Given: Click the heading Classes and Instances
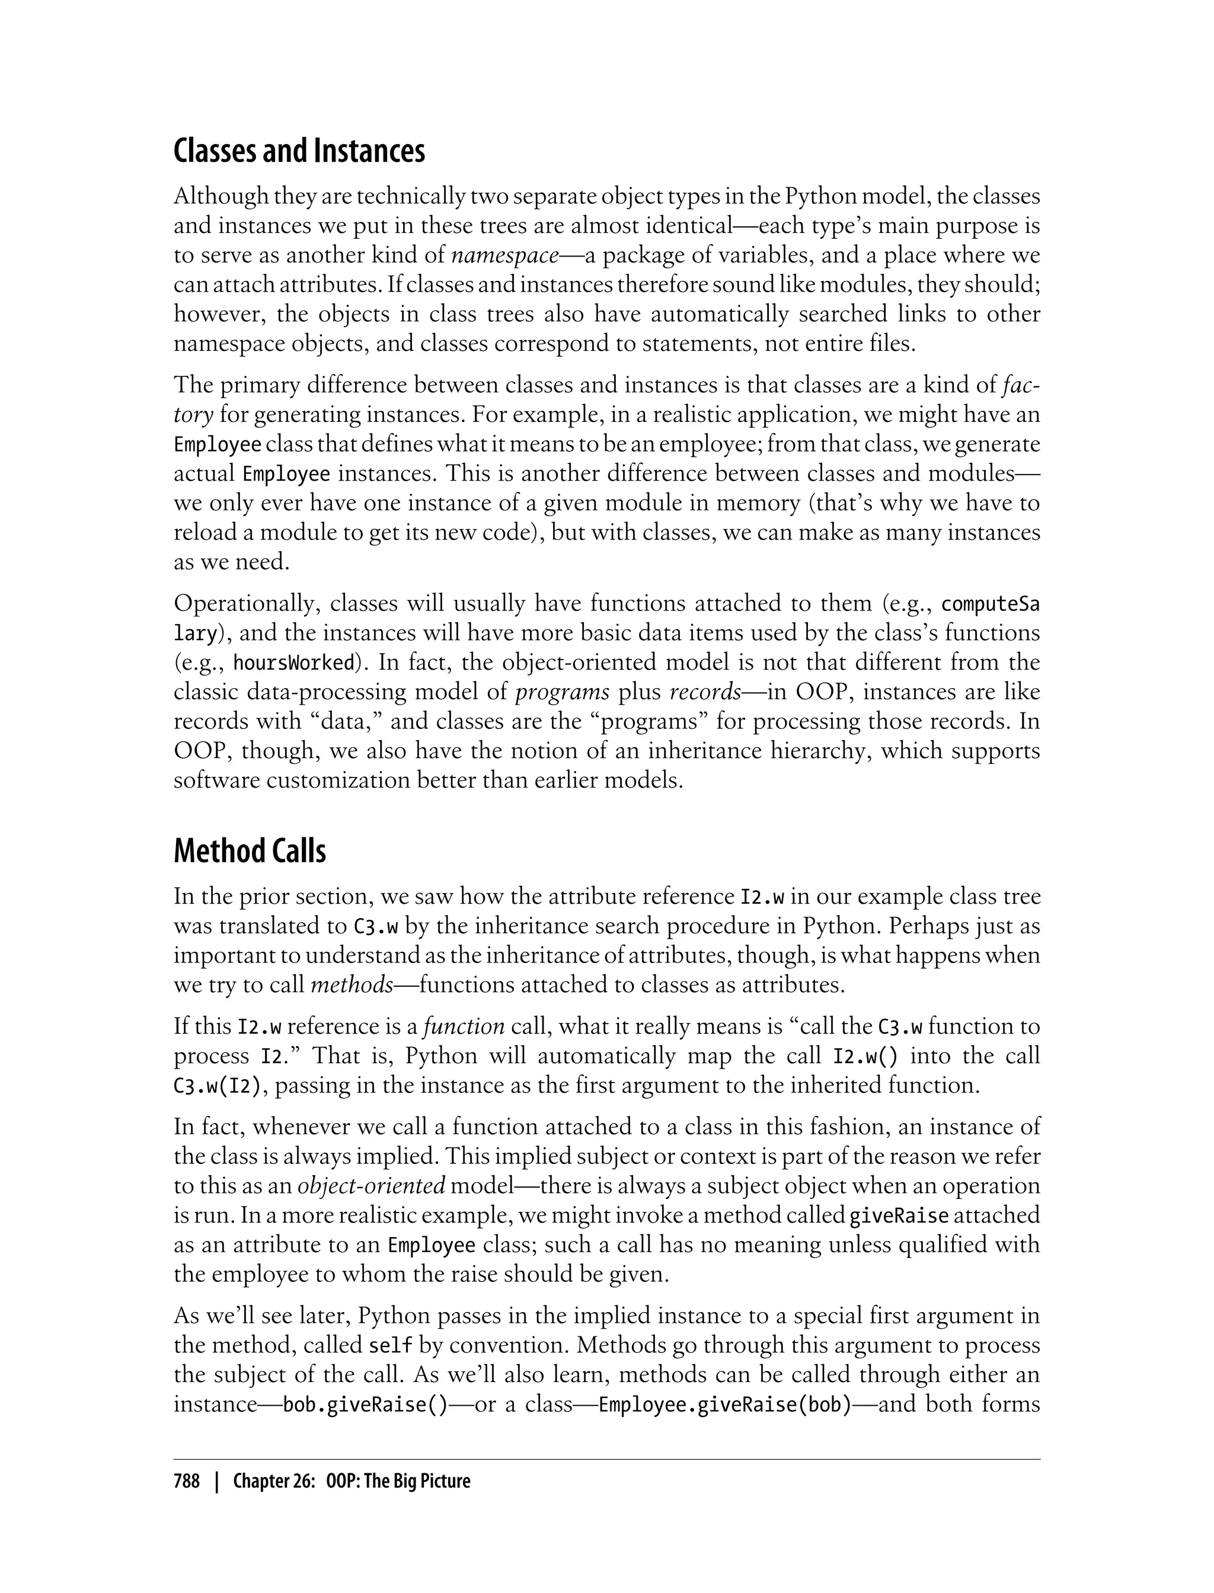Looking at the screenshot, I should [299, 151].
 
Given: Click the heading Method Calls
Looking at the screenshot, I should [250, 851].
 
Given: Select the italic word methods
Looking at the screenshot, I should [352, 986].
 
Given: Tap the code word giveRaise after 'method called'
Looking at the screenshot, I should [898, 1215].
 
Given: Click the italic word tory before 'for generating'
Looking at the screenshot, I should [193, 415].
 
